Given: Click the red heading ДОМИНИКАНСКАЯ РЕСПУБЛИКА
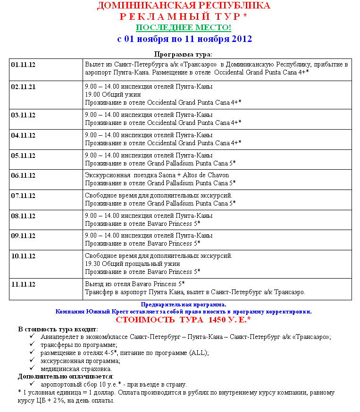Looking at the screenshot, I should point(184,6).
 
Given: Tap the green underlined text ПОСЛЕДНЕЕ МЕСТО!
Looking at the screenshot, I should point(184,27).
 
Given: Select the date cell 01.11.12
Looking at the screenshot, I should point(23,64).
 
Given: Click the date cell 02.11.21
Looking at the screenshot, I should point(23,87).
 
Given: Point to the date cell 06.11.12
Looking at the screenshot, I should point(23,175).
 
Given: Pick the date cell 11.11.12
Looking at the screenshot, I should point(23,284).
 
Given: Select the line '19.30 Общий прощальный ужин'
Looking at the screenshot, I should point(132,264).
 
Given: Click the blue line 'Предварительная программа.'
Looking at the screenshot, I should point(184,305).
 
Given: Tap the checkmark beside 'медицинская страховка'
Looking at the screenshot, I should point(32,368).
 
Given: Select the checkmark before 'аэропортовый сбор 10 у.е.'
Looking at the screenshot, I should point(32,384).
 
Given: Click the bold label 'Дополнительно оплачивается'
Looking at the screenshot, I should point(65,376).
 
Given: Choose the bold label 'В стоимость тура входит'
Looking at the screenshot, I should point(58,329).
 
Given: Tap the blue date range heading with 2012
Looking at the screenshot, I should point(184,39).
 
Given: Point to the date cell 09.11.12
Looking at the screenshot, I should point(23,236).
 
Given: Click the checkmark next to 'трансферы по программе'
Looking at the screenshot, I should point(32,344).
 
